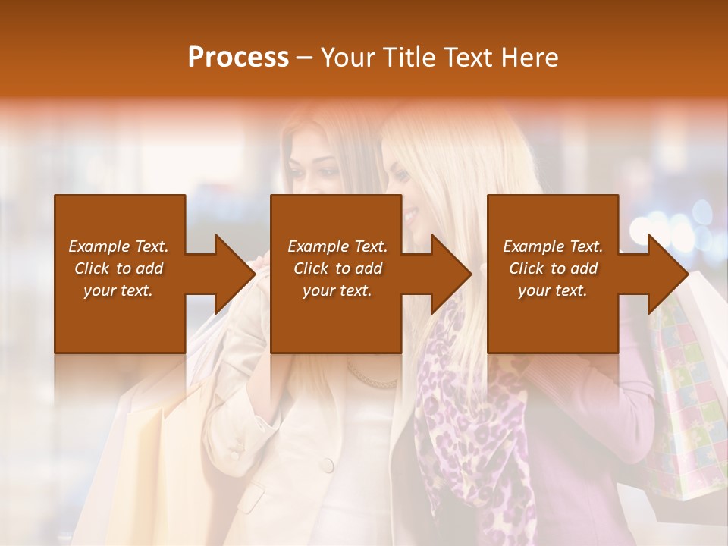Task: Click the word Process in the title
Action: pos(238,58)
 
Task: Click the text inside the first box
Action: pos(119,268)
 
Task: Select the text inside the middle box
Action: pos(337,268)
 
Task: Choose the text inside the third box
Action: pos(553,268)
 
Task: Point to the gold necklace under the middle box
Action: pos(372,378)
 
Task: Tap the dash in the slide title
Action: pos(305,58)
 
